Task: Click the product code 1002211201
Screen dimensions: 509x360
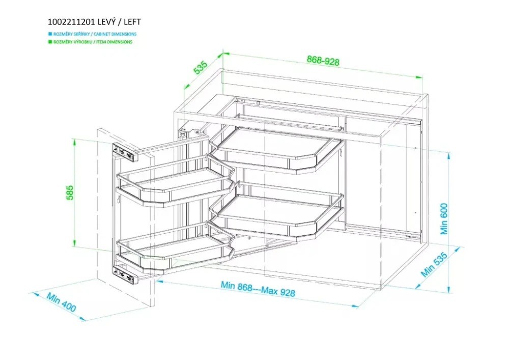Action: [x=71, y=22]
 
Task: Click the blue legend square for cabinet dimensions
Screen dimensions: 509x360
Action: [x=50, y=34]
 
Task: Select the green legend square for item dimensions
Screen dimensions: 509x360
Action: [x=50, y=42]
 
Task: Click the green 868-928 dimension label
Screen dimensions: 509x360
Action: [x=323, y=61]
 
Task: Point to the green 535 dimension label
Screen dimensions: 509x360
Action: [x=200, y=67]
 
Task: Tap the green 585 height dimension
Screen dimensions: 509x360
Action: [x=70, y=192]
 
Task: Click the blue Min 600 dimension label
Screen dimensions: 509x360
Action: [x=444, y=218]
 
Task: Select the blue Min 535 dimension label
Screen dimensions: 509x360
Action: [x=434, y=264]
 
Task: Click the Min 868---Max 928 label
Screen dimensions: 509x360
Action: [x=258, y=289]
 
